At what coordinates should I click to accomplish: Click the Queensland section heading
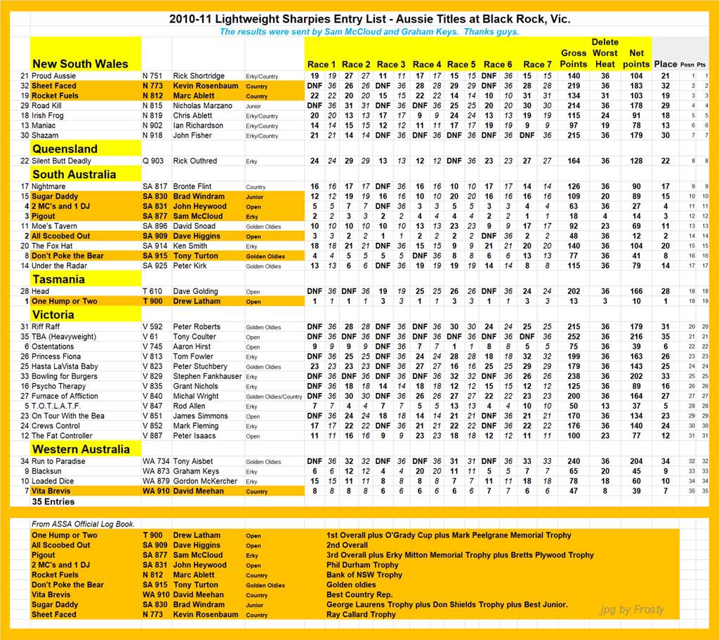[x=65, y=149]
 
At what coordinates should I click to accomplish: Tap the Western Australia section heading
[x=81, y=449]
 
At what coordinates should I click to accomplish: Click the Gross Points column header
[x=574, y=58]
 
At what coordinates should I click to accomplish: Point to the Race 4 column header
[x=428, y=65]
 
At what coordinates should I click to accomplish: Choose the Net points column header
[x=636, y=58]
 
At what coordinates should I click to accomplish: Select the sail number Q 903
[x=152, y=161]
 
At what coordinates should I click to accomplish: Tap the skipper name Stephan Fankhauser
[x=208, y=376]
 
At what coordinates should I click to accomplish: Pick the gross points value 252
[x=574, y=337]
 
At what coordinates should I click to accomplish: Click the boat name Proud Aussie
[x=55, y=76]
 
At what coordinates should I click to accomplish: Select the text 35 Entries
[x=53, y=502]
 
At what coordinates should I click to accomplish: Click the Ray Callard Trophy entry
[x=361, y=615]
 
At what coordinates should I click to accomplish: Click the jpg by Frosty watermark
[x=632, y=609]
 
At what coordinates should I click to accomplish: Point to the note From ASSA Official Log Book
[x=83, y=524]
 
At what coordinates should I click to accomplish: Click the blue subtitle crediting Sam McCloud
[x=369, y=32]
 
